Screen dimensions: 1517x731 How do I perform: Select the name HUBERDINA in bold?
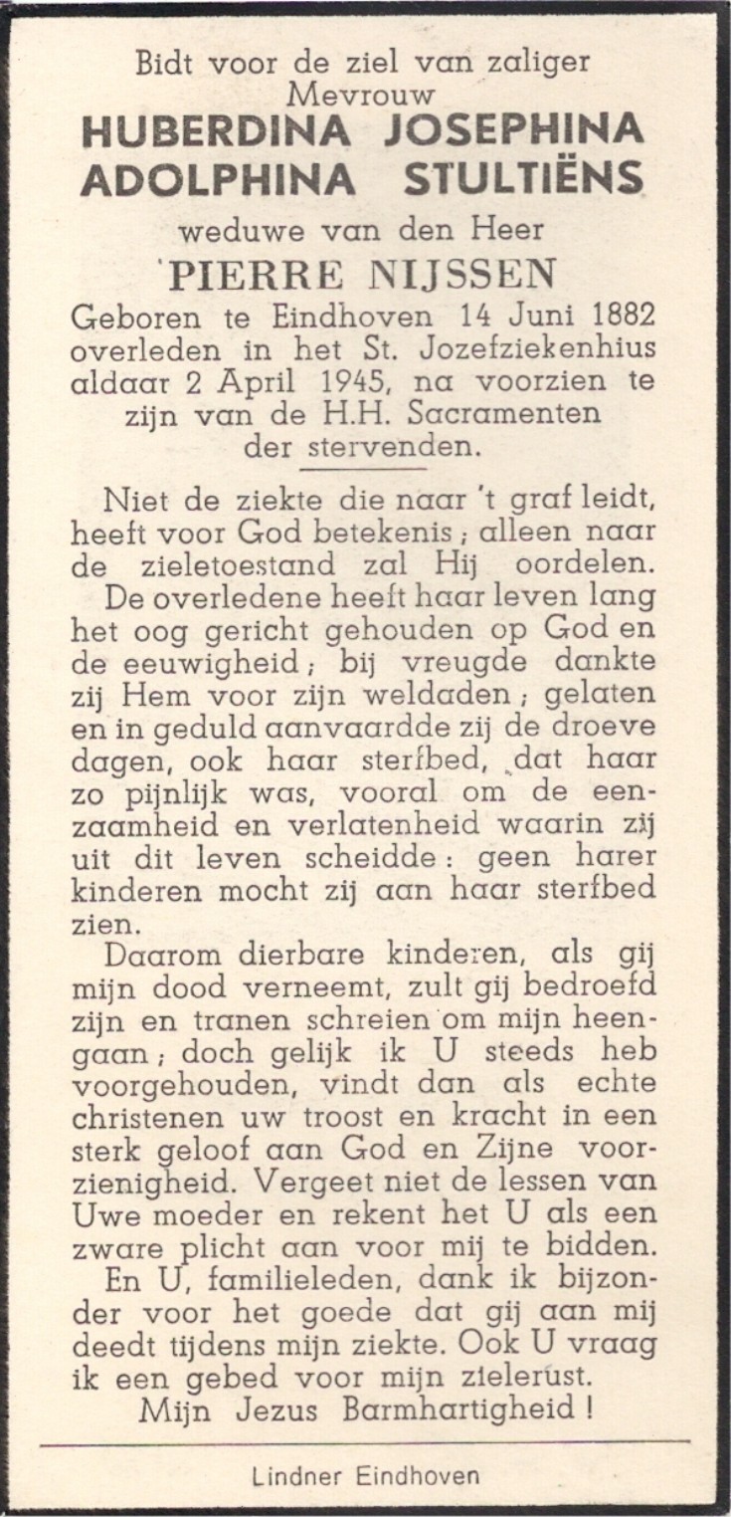[x=216, y=131]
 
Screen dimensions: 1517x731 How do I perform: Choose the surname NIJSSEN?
[x=470, y=276]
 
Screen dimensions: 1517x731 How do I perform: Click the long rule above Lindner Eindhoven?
[x=365, y=1440]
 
